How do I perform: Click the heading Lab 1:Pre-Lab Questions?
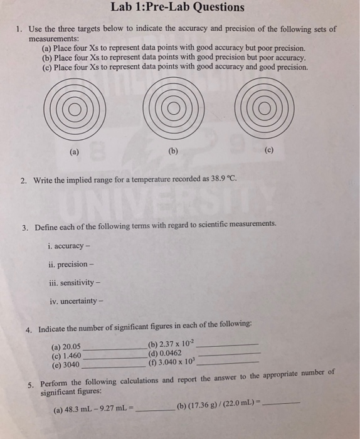tap(177, 8)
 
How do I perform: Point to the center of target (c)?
tap(264, 111)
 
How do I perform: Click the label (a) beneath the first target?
tap(75, 151)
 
